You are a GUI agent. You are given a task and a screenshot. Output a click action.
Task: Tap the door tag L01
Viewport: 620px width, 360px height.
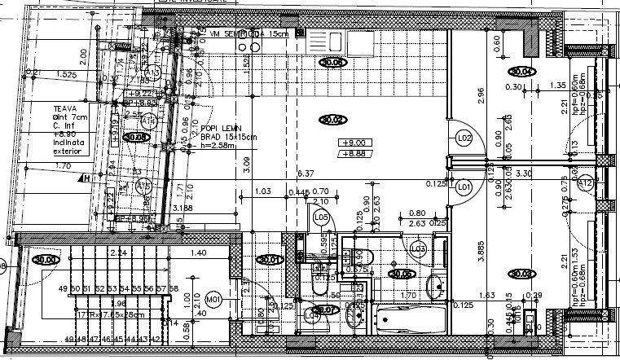pyautogui.click(x=465, y=187)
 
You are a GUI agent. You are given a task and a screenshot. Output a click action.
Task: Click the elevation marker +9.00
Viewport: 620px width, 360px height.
pyautogui.click(x=352, y=143)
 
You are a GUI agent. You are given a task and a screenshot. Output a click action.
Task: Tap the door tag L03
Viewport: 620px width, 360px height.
pyautogui.click(x=419, y=248)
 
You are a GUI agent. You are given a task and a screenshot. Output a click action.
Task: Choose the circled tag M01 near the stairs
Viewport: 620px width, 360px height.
pyautogui.click(x=214, y=298)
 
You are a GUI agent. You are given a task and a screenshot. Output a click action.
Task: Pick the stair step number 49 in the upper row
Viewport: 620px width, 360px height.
pyautogui.click(x=63, y=289)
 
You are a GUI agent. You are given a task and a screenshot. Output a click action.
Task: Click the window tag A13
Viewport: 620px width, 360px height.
pyautogui.click(x=152, y=73)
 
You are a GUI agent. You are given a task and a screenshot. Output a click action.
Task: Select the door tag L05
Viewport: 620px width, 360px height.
pyautogui.click(x=321, y=217)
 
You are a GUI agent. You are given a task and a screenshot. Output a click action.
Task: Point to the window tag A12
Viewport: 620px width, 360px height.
pyautogui.click(x=585, y=185)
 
